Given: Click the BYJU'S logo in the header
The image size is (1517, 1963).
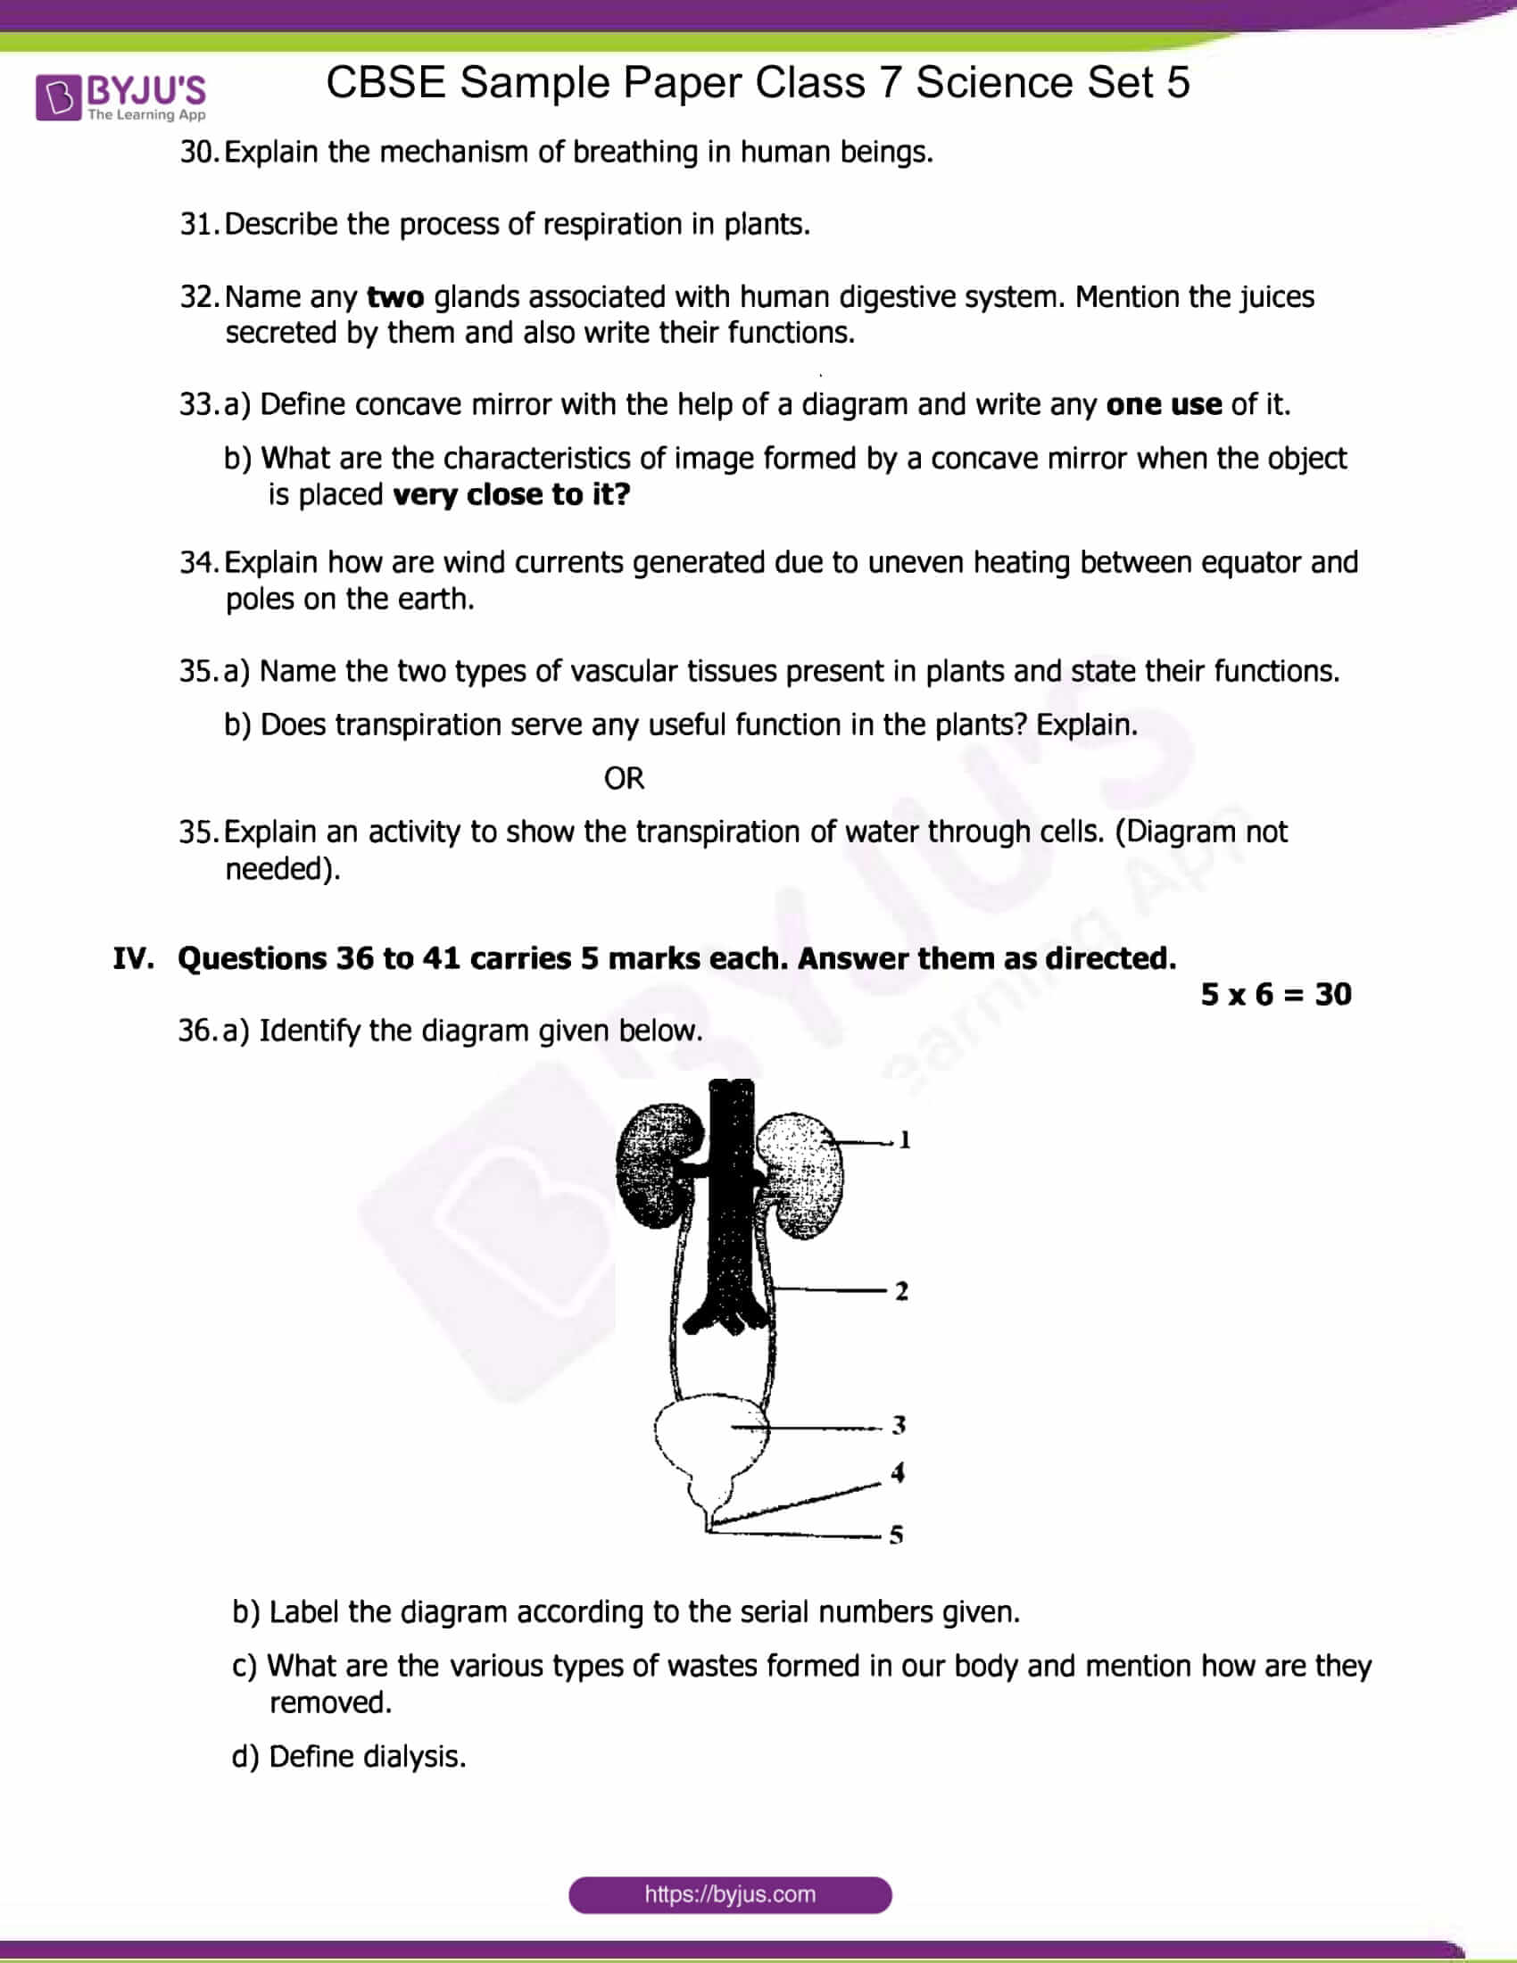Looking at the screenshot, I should click(x=120, y=97).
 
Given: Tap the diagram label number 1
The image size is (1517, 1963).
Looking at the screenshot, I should click(x=904, y=1139).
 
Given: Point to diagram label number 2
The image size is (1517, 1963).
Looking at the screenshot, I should click(x=901, y=1292).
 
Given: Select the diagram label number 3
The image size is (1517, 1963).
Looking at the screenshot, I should click(x=899, y=1425).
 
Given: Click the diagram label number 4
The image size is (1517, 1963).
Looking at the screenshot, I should click(x=897, y=1472).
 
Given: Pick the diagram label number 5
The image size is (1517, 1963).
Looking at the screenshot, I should click(x=896, y=1536).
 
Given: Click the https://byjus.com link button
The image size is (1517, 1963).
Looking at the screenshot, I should click(x=730, y=1893).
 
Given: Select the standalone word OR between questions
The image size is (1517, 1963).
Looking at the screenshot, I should click(x=624, y=778).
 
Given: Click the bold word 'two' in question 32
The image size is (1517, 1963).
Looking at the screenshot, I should click(x=395, y=296).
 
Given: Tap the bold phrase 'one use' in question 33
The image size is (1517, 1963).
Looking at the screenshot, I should click(x=1163, y=404).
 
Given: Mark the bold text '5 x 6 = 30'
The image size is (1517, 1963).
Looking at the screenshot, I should click(x=1275, y=994).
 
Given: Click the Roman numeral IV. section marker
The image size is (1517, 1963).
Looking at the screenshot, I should click(x=133, y=958).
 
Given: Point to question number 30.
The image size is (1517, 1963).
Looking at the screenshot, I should click(x=198, y=152).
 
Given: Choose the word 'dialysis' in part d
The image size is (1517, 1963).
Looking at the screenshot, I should click(x=412, y=1756).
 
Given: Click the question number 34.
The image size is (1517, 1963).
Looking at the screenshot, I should click(x=198, y=563).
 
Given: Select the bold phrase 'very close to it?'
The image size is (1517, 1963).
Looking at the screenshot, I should click(x=511, y=494).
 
